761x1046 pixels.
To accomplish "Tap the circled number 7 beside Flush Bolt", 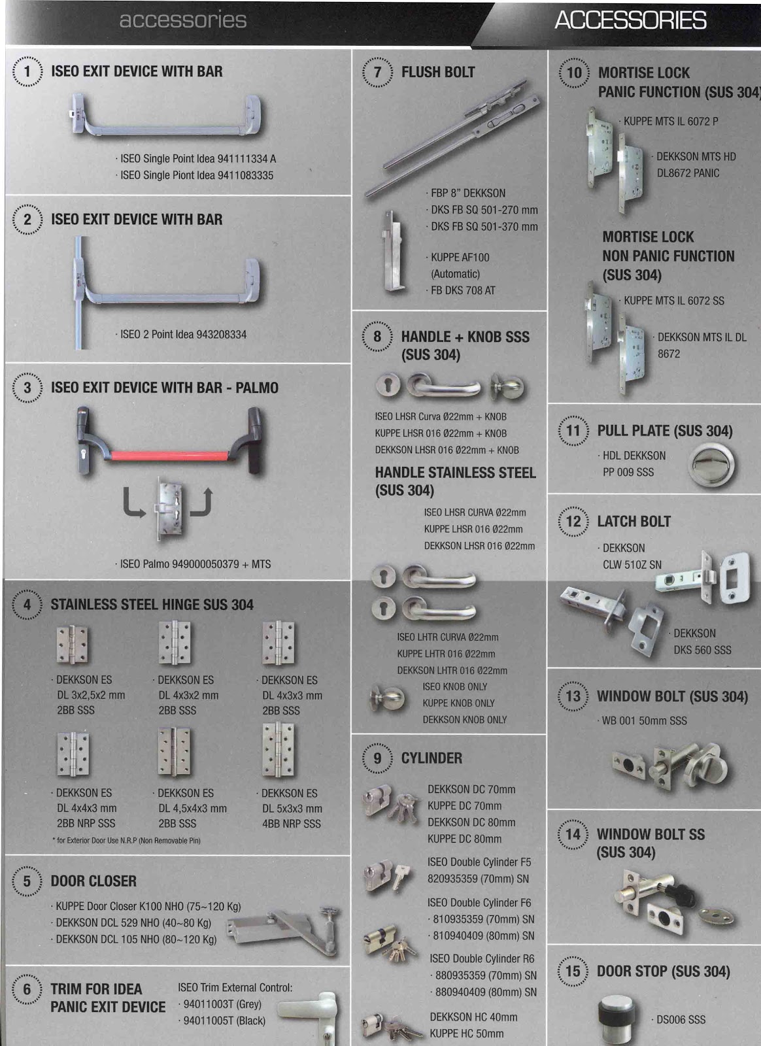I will click(377, 72).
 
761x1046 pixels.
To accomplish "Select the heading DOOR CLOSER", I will click(93, 881).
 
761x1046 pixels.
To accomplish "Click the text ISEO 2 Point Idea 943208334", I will click(183, 334).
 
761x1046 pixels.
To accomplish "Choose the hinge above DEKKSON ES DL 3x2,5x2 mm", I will click(71, 644).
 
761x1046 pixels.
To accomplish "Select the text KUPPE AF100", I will click(460, 258).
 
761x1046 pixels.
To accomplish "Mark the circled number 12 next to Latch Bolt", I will click(573, 521).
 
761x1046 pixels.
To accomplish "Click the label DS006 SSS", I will click(681, 1019).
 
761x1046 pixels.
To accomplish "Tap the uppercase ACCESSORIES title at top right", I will click(630, 20).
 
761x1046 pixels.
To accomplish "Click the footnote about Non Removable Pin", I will click(126, 841).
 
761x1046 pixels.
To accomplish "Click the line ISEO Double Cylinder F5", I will click(479, 862).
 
